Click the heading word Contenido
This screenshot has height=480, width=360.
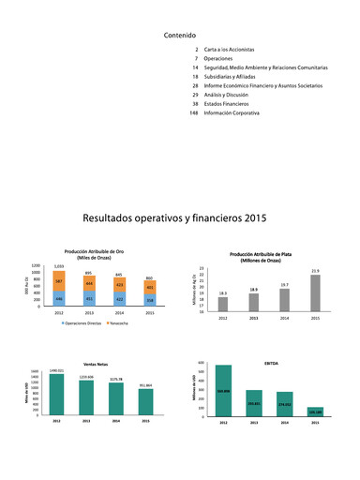coord(180,35)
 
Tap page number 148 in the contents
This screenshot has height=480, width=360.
coord(192,112)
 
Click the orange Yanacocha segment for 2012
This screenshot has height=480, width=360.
coord(58,281)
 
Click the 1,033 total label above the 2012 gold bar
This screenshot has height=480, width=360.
coord(58,266)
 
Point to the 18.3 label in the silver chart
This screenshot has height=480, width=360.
coord(223,293)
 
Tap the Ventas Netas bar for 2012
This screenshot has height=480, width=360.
coord(57,394)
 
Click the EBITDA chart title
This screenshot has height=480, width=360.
coord(271,362)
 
